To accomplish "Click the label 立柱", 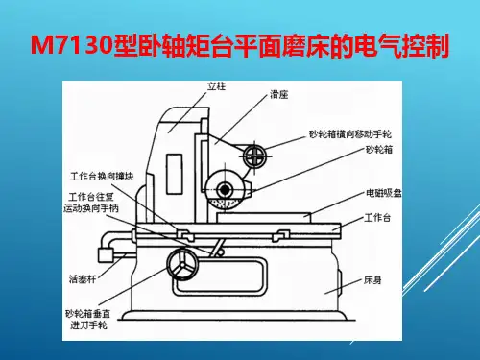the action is point(216,86).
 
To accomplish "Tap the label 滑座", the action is point(279,94).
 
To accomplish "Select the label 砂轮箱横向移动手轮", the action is point(350,133).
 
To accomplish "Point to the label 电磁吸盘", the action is point(384,193).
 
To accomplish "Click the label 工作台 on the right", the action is point(377,218).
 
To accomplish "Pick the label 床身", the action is point(372,280).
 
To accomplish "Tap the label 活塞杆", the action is point(83,279).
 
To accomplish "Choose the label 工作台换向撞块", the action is point(102,177).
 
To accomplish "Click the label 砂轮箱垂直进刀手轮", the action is point(88,320).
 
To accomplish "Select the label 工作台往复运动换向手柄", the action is point(91,203).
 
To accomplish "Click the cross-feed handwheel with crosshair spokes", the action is point(254,156).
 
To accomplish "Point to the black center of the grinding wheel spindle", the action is point(225,190).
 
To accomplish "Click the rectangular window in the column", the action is point(175,174).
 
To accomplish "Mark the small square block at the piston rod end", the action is point(105,255).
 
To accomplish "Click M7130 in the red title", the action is point(72,45).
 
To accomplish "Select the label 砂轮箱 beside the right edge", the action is point(379,150).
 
